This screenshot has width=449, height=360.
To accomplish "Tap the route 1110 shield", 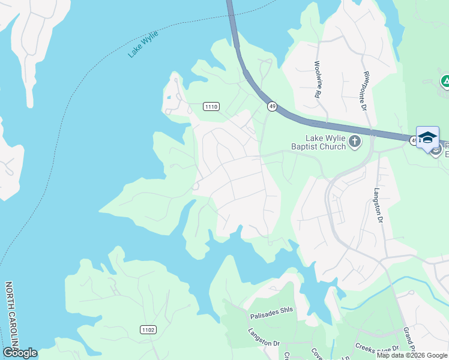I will pos(211,107).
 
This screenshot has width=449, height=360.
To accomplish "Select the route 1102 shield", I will pos(148,329).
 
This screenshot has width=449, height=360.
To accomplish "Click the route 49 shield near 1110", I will pos(272,107).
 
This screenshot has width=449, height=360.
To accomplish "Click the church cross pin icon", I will pos(355,142).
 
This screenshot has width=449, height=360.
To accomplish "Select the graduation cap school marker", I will pos(427,137).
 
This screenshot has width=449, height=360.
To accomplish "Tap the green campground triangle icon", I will pos(445,81).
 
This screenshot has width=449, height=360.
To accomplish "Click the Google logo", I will pos(20,353).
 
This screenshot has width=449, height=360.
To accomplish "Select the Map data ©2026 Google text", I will pos(411,355).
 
